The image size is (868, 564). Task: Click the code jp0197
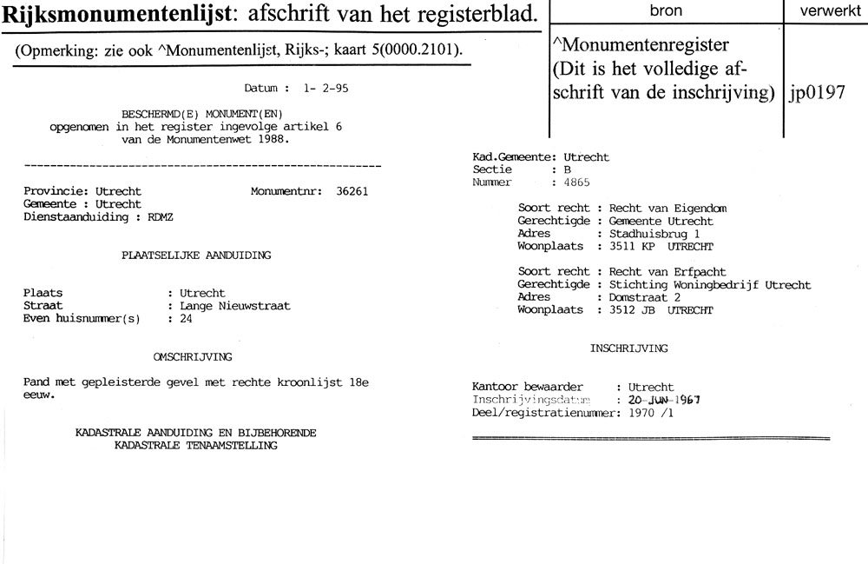click(x=818, y=94)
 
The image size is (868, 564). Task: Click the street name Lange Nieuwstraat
click(x=229, y=306)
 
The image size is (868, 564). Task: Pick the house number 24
click(x=186, y=318)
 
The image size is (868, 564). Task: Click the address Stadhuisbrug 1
click(x=654, y=234)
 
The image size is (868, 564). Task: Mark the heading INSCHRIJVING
click(x=628, y=348)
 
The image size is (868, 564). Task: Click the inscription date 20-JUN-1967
click(x=658, y=400)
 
